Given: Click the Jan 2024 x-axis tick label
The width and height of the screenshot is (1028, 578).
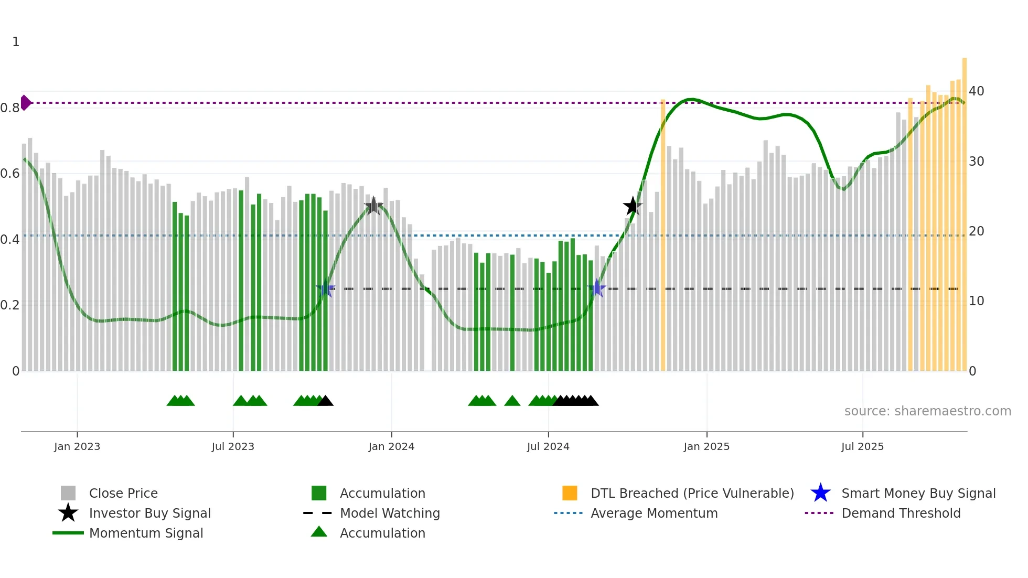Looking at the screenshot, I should tap(391, 446).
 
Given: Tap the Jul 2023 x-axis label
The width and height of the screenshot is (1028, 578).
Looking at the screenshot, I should tap(233, 446).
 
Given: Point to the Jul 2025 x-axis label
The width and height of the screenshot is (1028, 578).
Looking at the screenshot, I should tap(862, 446).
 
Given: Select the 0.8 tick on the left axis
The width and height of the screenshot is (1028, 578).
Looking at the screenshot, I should tap(10, 108).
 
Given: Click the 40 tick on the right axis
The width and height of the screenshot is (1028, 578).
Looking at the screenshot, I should tap(976, 91).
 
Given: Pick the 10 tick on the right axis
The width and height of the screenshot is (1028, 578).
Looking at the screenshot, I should tap(976, 301).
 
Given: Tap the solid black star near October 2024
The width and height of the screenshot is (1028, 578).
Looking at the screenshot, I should tap(633, 206).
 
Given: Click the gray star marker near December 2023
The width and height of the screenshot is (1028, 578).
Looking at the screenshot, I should tap(373, 206).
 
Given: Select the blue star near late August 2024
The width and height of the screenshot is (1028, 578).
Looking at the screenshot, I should tap(596, 288).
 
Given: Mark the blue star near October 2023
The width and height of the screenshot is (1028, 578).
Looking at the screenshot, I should tap(326, 288).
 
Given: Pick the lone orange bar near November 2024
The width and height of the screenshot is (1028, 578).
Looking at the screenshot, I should tap(663, 236).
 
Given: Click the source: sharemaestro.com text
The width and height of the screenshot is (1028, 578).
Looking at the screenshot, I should tap(927, 411).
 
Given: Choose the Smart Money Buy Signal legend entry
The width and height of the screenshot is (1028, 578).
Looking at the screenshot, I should tap(918, 493).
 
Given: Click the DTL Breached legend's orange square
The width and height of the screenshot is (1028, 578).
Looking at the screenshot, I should tap(570, 493).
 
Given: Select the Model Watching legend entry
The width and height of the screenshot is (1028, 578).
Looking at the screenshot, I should tap(390, 513).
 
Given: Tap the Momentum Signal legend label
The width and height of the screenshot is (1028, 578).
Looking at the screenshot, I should tap(146, 533).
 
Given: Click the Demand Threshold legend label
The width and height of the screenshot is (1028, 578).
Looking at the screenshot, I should tap(901, 513).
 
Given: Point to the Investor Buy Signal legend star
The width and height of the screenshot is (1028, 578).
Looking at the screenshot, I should tap(68, 513).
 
